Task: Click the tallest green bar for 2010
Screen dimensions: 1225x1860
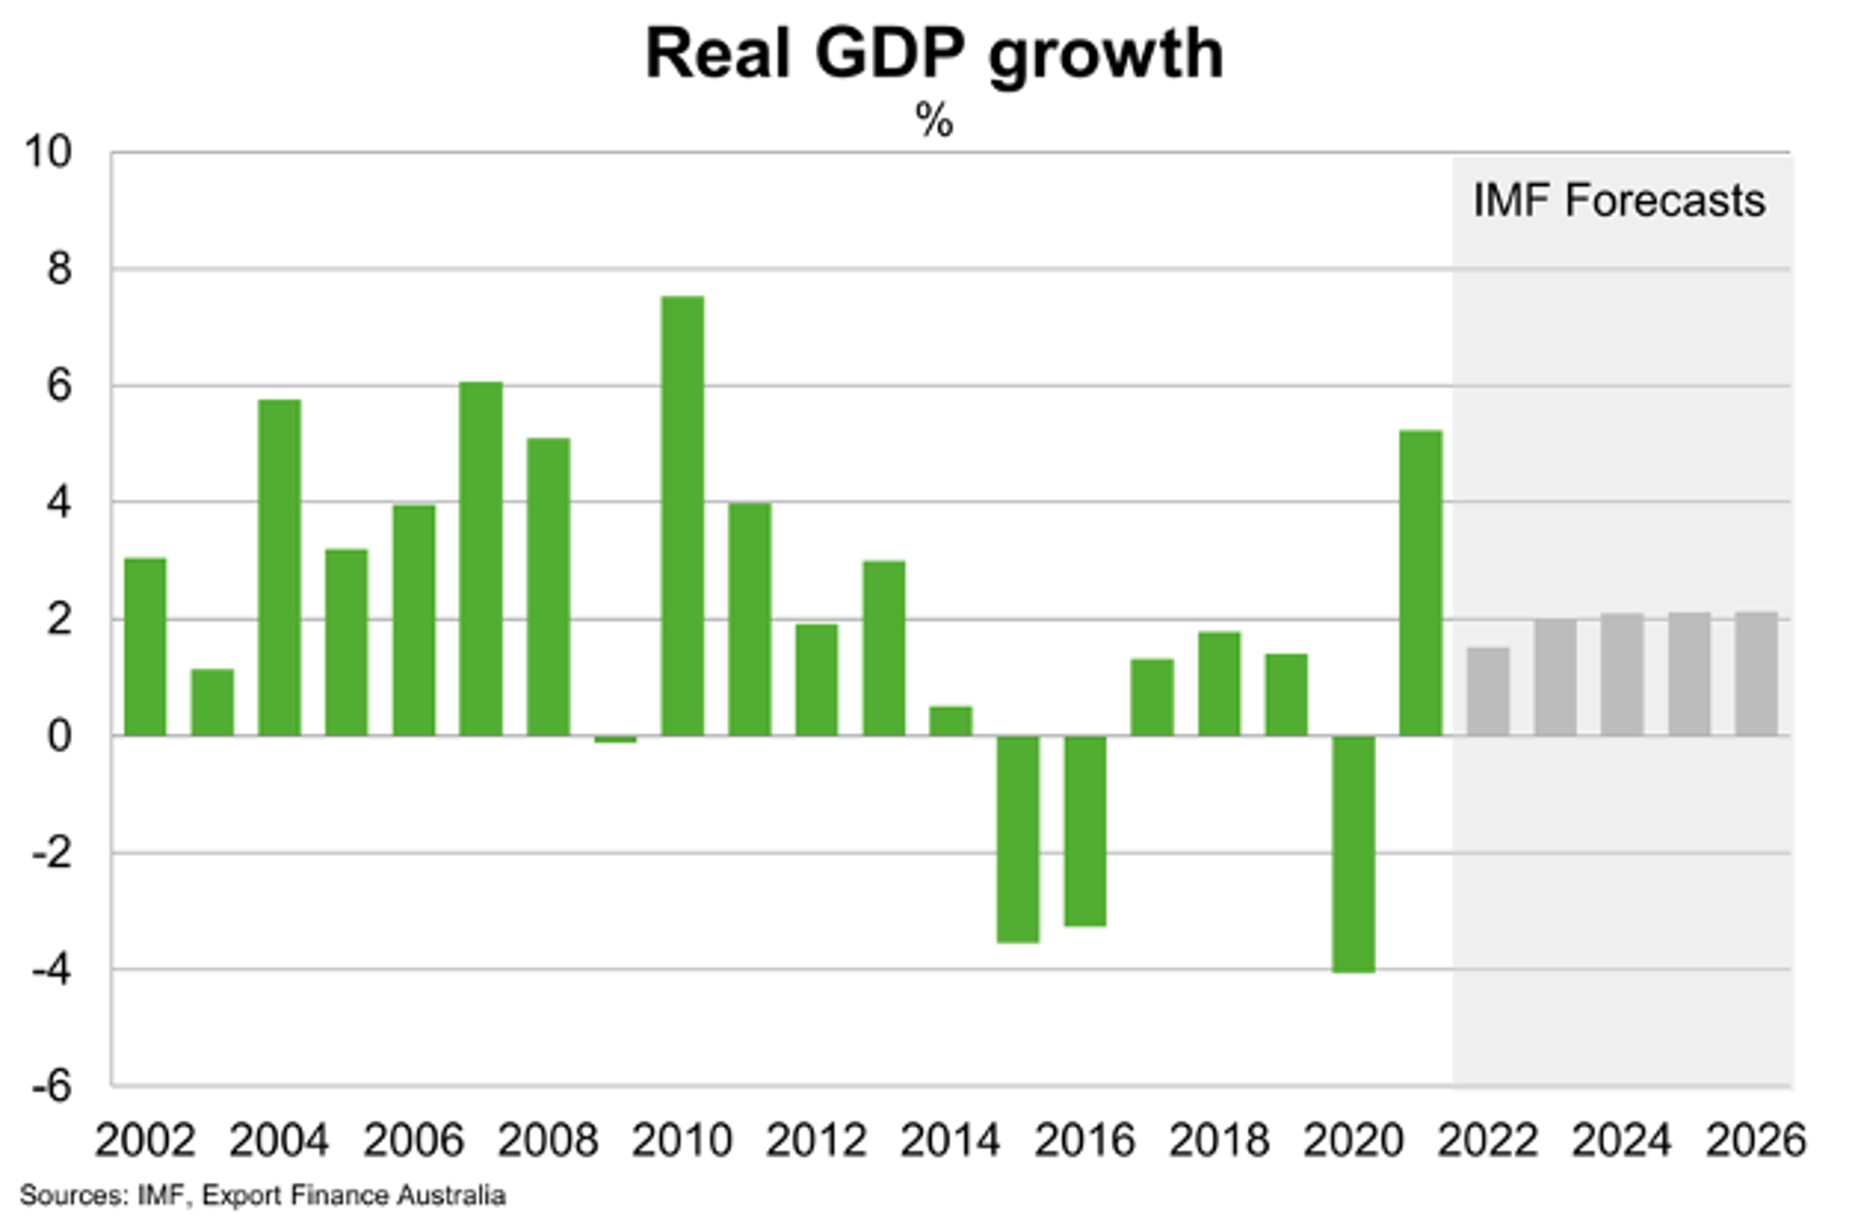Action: tap(682, 516)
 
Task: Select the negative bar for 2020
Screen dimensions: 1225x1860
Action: tap(1353, 853)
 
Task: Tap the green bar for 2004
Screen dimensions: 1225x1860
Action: tap(279, 567)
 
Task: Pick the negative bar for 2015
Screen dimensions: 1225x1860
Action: tap(1017, 839)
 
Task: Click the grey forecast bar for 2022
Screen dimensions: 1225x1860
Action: tap(1488, 692)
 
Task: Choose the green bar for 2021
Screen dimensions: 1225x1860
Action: tap(1420, 583)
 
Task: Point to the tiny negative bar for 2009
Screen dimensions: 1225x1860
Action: tap(615, 739)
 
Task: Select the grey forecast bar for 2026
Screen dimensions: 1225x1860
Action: tap(1756, 673)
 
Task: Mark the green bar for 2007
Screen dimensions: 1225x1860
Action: tap(480, 558)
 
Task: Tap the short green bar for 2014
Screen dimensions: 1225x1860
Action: tap(950, 721)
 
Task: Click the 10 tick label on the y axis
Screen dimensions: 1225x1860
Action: tap(47, 152)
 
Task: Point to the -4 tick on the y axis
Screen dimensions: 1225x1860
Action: tap(51, 970)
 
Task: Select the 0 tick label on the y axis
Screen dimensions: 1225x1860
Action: tap(59, 736)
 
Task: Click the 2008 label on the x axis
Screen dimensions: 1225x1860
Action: tap(548, 1140)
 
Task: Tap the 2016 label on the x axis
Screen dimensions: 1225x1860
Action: tap(1084, 1140)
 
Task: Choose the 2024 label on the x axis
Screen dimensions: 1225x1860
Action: tap(1621, 1140)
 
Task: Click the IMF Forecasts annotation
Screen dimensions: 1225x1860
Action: tap(1618, 201)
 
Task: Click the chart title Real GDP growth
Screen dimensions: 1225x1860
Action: tap(935, 55)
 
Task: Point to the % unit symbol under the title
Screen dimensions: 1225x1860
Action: tap(935, 121)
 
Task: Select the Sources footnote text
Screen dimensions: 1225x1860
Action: tap(262, 1195)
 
